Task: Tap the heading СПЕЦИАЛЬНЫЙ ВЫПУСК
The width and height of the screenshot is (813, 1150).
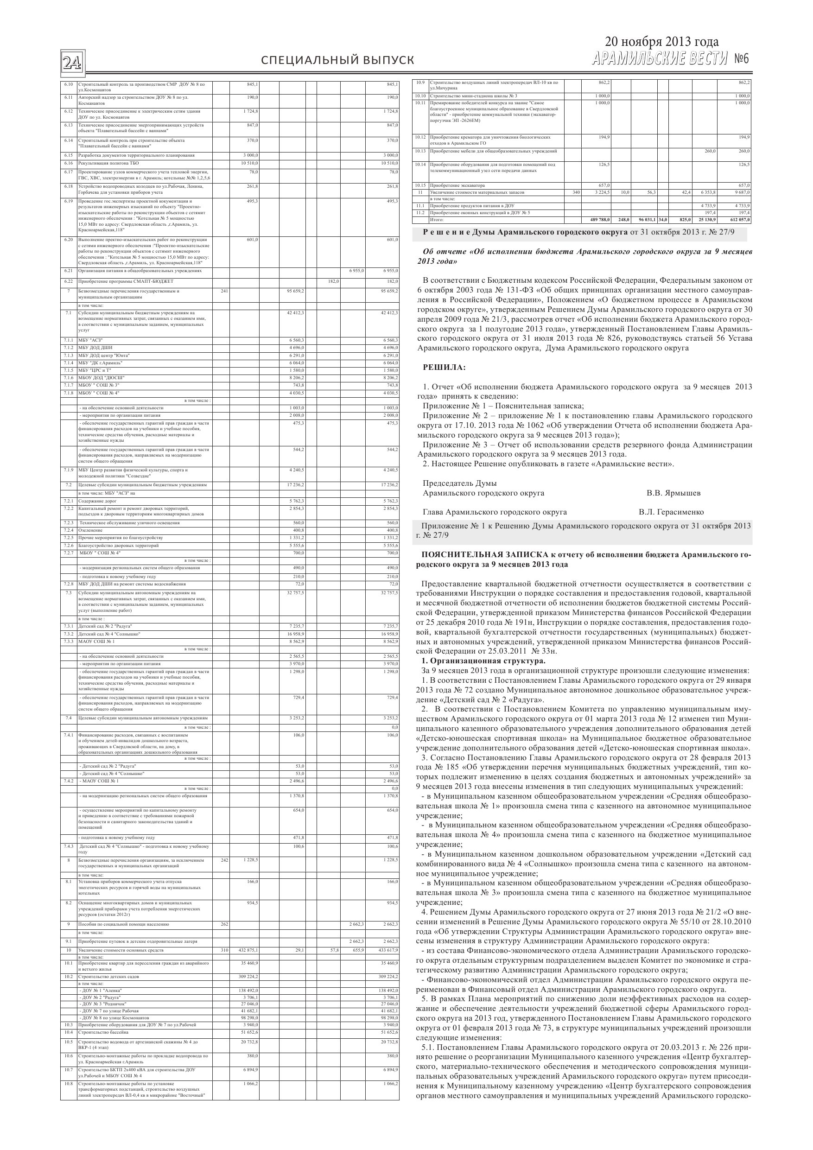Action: (337, 61)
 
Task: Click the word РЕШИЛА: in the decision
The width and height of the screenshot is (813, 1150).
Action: (445, 368)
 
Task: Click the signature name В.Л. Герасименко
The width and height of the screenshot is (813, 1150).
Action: (671, 512)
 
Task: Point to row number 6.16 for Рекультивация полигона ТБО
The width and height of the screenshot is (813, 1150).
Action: (69, 163)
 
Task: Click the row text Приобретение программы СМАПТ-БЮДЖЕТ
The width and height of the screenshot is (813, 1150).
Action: (126, 281)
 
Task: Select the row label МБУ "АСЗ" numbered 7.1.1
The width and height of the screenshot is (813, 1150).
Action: (91, 340)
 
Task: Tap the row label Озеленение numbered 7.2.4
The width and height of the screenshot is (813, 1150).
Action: (90, 530)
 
